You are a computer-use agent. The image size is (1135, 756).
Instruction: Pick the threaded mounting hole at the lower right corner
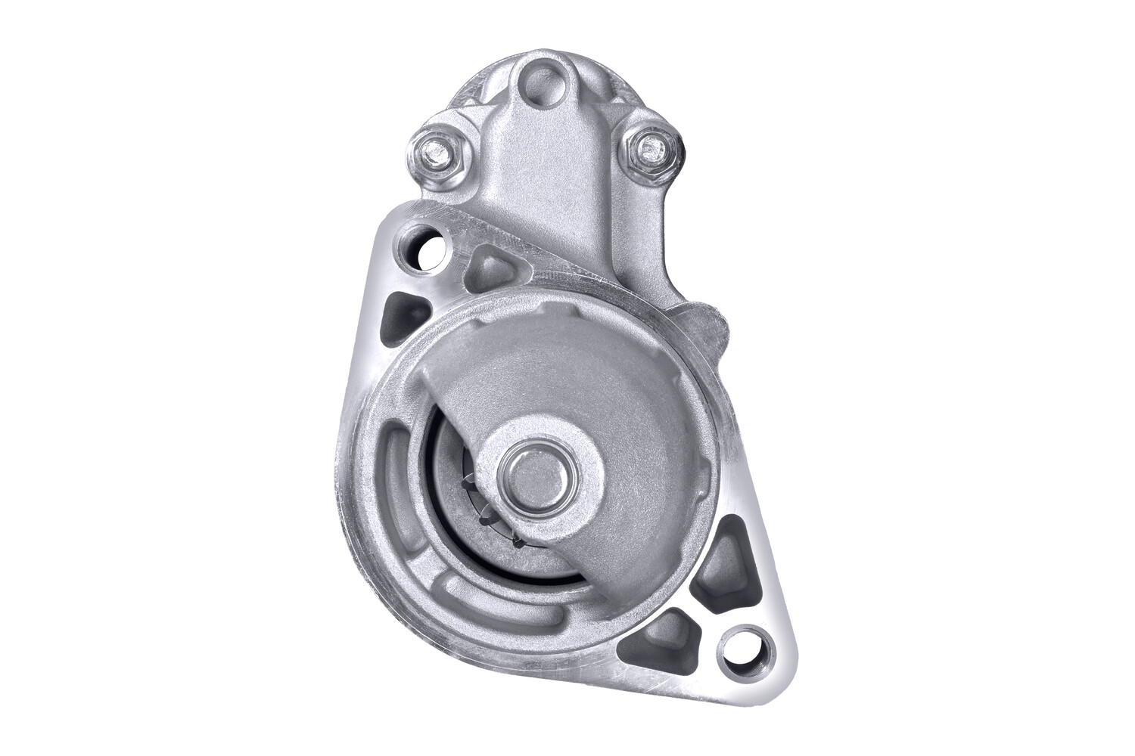click(x=745, y=647)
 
